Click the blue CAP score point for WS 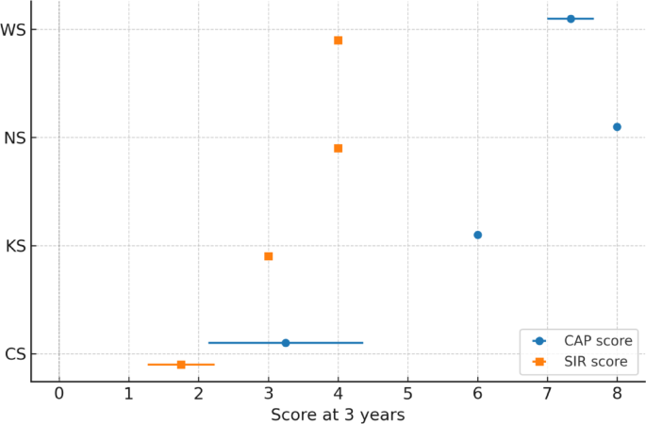point(571,19)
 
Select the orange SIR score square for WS point(338,41)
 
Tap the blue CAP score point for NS point(617,126)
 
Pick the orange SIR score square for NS point(338,148)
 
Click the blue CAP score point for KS point(477,235)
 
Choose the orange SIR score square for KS point(269,256)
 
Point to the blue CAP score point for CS point(286,343)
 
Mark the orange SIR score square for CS point(181,365)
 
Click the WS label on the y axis point(13,30)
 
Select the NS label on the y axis point(14,139)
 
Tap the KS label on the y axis point(14,247)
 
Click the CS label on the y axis point(14,354)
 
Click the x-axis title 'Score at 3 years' point(338,414)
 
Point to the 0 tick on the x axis point(59,394)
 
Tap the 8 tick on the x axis point(617,394)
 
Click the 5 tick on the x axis point(407,394)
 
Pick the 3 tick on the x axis point(269,394)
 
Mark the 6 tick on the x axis point(477,394)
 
